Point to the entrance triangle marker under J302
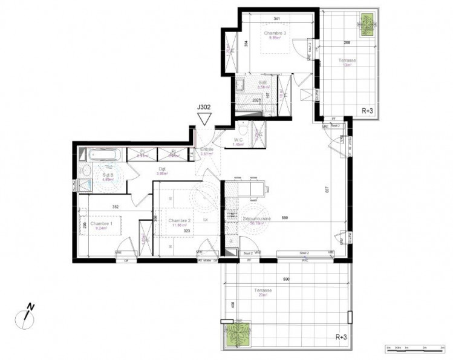[204, 119]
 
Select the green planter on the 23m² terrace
[237, 334]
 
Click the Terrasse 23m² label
[263, 292]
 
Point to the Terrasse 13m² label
[347, 62]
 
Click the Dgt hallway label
[161, 171]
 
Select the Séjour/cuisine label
[257, 220]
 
